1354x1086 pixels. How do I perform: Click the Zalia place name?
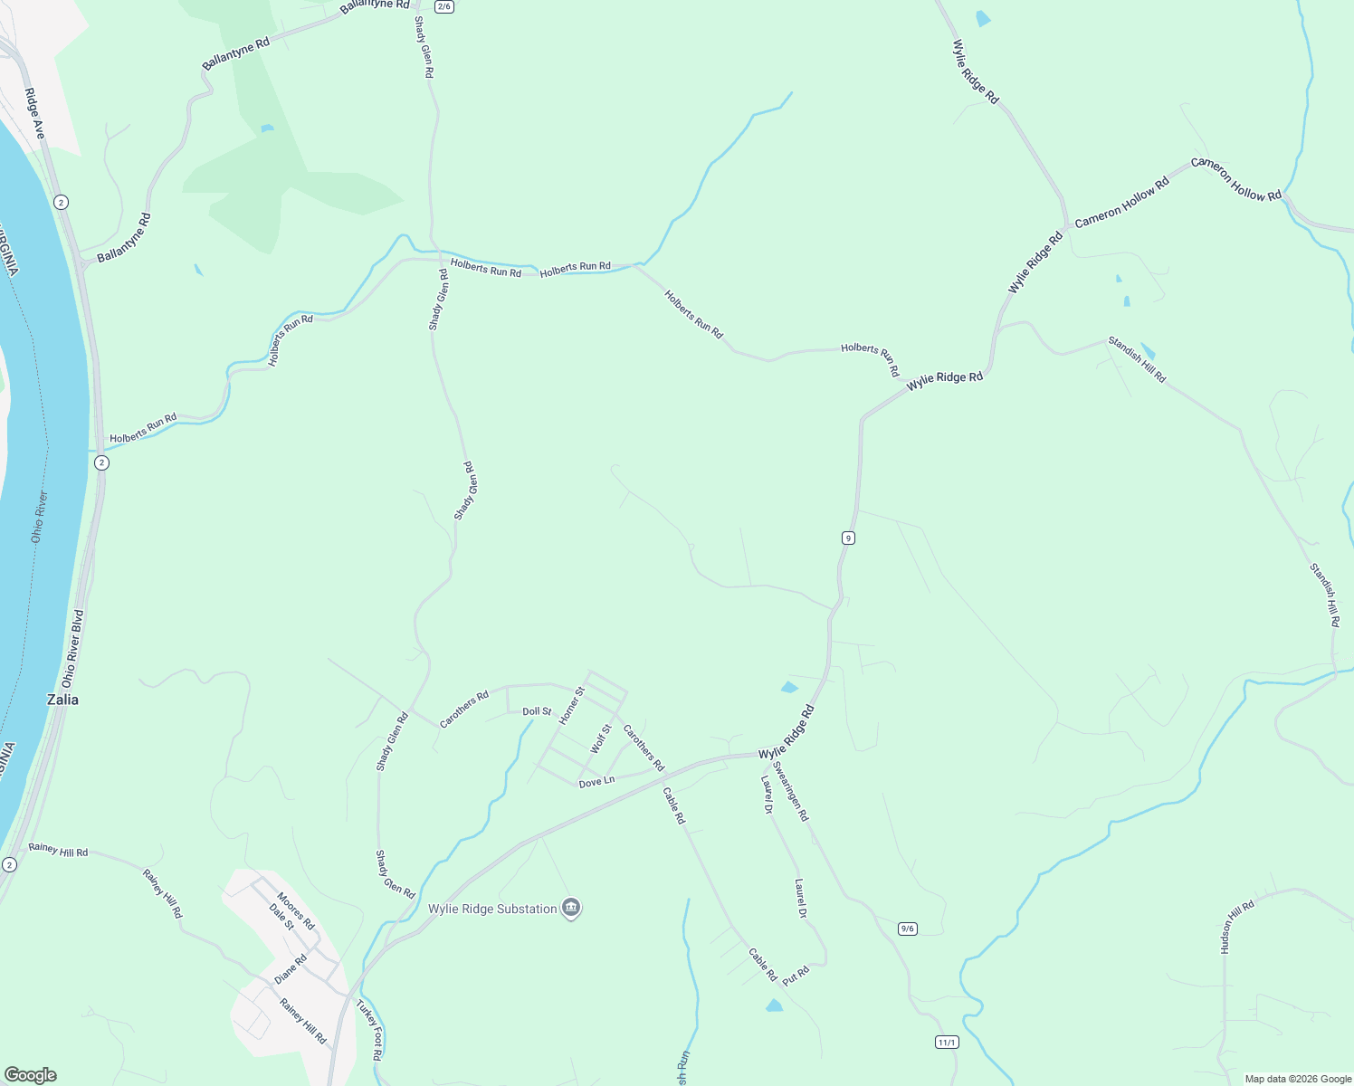[62, 700]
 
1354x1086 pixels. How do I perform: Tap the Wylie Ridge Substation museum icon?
[570, 908]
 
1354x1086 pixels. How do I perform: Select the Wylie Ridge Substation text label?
[492, 909]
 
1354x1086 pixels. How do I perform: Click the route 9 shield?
[848, 538]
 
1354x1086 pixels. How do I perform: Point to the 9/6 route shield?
[908, 929]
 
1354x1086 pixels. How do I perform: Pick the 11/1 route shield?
[947, 1043]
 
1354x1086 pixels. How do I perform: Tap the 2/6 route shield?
[443, 6]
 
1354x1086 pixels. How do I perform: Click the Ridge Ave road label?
[34, 114]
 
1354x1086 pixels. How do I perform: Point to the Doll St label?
[537, 711]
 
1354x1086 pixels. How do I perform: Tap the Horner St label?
[571, 705]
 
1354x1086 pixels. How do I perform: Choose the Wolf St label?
[600, 738]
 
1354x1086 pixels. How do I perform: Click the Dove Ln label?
[596, 782]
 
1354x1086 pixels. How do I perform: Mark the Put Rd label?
[796, 976]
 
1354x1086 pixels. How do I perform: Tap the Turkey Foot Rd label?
[369, 1030]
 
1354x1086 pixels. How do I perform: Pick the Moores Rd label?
[296, 911]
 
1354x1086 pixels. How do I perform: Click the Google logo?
[31, 1075]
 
